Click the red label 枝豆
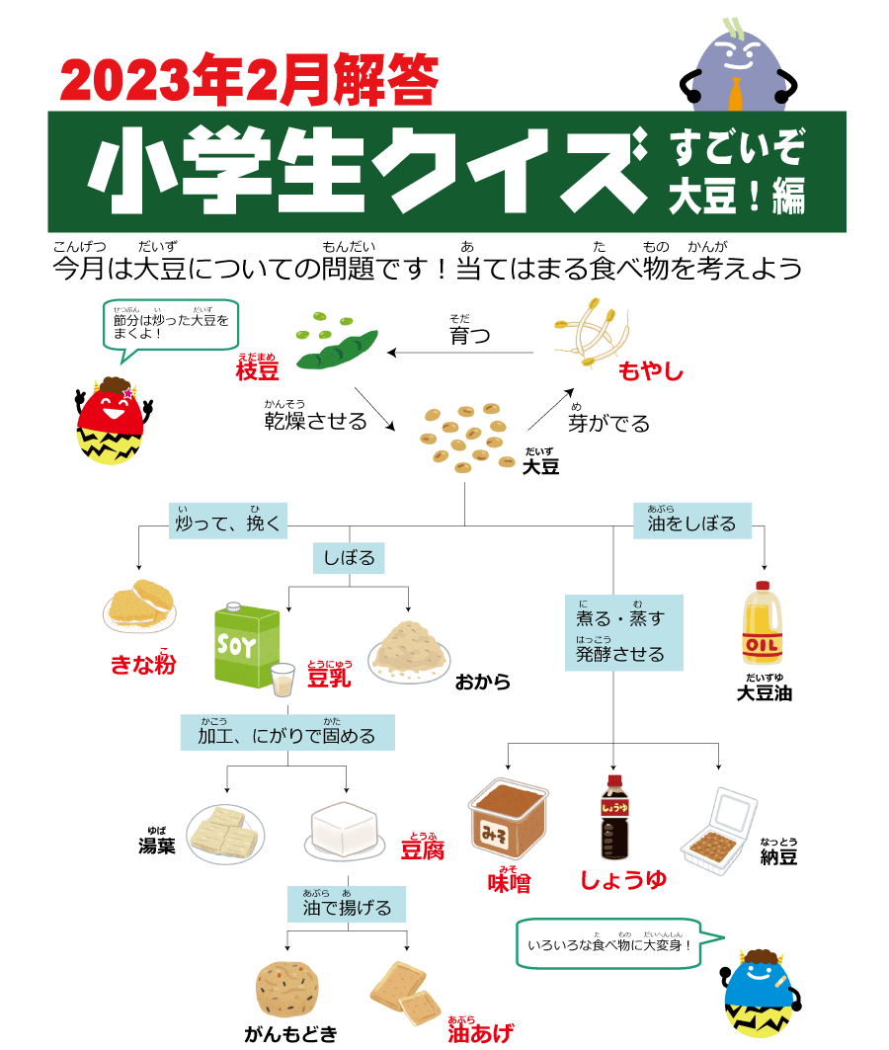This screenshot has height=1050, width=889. tap(257, 370)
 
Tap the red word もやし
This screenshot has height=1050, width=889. tap(650, 371)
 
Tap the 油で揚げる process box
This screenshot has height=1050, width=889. tap(347, 907)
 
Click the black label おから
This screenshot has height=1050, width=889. tap(482, 682)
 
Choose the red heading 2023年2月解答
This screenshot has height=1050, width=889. tap(248, 80)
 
